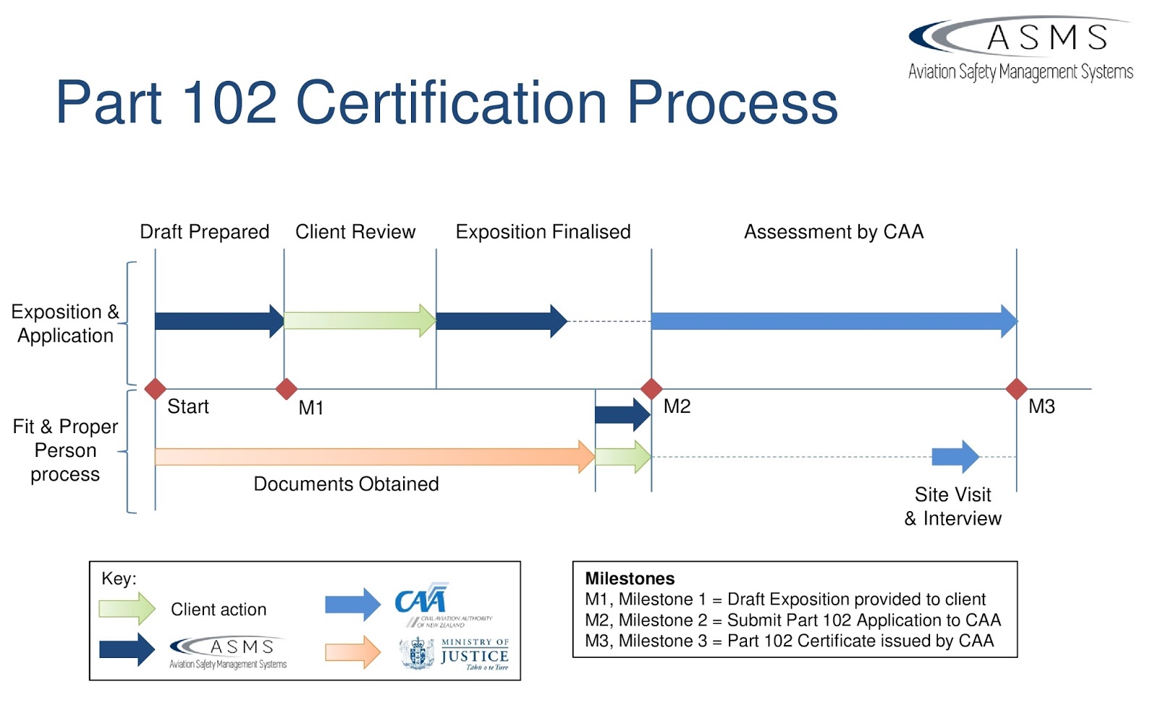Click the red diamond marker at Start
[x=155, y=389]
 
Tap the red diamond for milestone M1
[x=287, y=389]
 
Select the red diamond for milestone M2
[x=651, y=389]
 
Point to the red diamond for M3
[x=1017, y=389]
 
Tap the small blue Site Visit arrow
[x=955, y=457]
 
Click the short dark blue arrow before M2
[x=622, y=414]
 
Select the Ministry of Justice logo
[x=455, y=654]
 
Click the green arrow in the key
[x=127, y=609]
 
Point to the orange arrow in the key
[x=352, y=652]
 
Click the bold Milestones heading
[x=630, y=578]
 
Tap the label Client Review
[x=355, y=232]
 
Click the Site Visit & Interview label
[x=953, y=506]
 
